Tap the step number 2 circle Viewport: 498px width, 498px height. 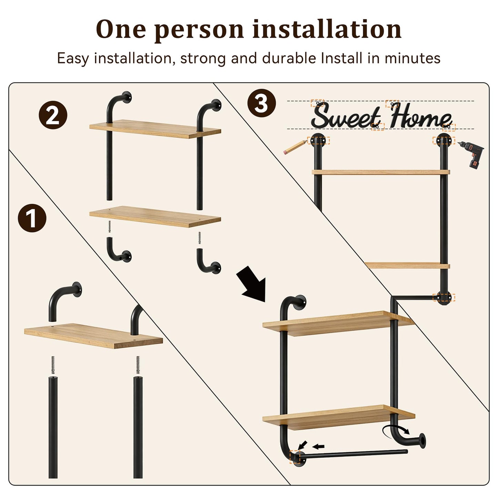click(x=53, y=115)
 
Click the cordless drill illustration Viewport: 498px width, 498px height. click(x=471, y=154)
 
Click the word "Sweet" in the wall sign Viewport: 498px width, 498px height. click(x=346, y=115)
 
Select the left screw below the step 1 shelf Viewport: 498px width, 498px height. click(x=53, y=365)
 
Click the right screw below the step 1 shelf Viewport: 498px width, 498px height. click(x=138, y=365)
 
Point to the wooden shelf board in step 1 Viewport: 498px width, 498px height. click(x=93, y=335)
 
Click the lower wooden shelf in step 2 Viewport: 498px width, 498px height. click(x=155, y=216)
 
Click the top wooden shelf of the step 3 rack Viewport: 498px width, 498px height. click(x=381, y=172)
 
